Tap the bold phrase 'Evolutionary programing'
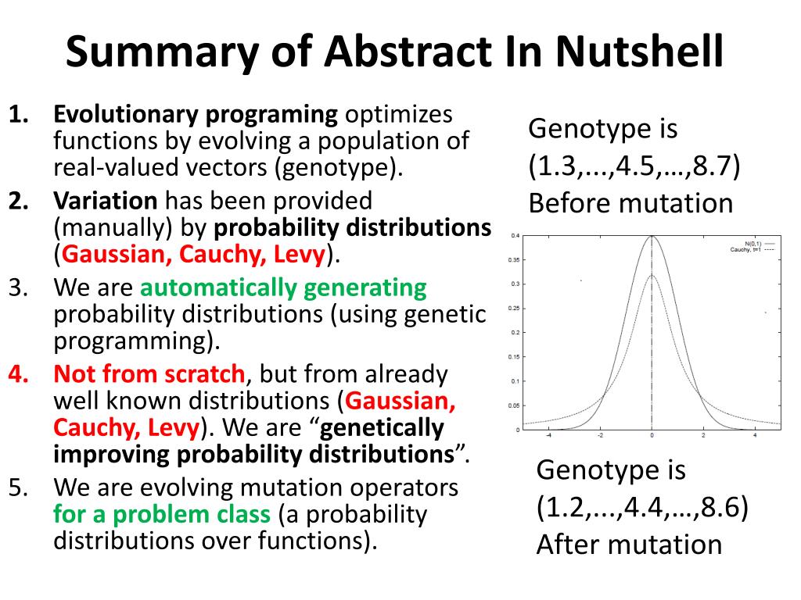(195, 114)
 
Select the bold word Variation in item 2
(105, 200)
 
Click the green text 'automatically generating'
(283, 287)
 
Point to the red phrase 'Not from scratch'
(149, 373)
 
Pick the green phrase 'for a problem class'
(162, 514)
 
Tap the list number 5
(19, 487)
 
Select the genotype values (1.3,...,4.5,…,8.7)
(634, 166)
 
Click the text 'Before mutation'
(630, 203)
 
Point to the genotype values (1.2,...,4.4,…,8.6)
(642, 508)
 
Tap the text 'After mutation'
(629, 545)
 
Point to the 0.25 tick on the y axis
(514, 308)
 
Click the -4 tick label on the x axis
(548, 435)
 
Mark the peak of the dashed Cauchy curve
(652, 275)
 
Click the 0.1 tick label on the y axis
(515, 381)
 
